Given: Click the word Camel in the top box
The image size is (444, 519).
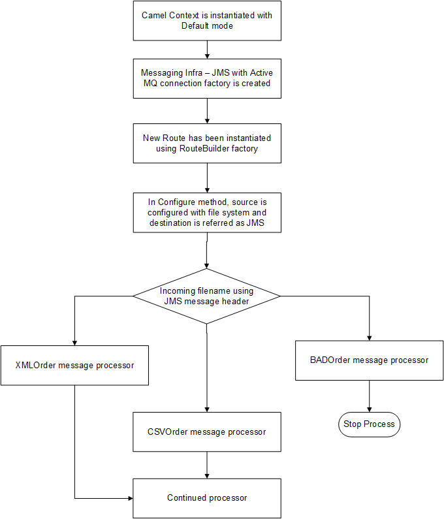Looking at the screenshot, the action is [154, 15].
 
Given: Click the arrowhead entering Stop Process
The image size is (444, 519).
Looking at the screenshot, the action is [369, 410].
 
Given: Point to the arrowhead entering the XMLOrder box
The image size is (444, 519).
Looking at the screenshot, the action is [74, 343].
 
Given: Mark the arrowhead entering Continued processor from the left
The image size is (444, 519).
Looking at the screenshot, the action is [131, 498].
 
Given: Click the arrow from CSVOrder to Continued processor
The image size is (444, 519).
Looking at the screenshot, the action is [207, 465].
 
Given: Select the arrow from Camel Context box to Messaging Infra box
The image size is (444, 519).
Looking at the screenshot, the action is [207, 50].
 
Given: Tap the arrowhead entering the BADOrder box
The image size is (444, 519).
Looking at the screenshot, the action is [369, 338].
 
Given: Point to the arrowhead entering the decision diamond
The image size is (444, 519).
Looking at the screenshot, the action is [206, 266].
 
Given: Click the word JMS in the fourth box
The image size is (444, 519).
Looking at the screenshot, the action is [255, 223].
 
